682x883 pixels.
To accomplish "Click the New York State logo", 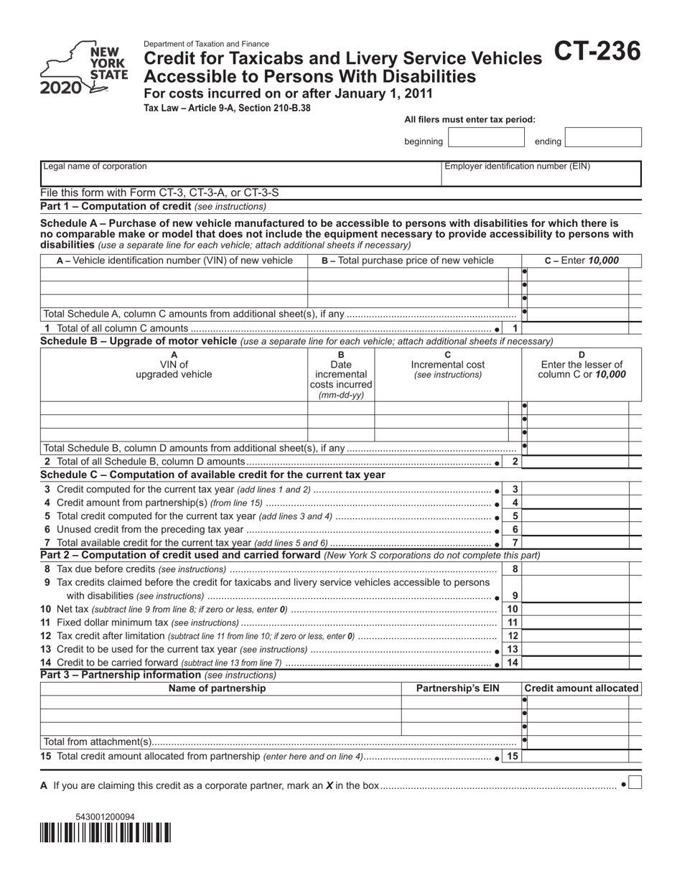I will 84,69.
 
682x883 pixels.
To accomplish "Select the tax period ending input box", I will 603,137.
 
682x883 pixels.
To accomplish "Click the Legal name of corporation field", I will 240,174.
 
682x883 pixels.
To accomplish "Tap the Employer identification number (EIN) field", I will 541,174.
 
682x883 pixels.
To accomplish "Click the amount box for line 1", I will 578,328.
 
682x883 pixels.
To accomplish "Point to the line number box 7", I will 515,543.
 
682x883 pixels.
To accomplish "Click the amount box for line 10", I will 578,609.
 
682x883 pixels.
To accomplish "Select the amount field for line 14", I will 578,662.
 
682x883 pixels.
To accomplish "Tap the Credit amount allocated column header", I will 581,688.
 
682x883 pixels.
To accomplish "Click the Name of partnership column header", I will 217,688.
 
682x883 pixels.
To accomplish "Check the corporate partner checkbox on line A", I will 635,783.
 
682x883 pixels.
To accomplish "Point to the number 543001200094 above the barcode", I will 105,817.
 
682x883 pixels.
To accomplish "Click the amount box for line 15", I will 578,756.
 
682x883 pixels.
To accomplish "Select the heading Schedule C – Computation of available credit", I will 213,475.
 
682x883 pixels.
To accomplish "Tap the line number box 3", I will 515,489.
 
